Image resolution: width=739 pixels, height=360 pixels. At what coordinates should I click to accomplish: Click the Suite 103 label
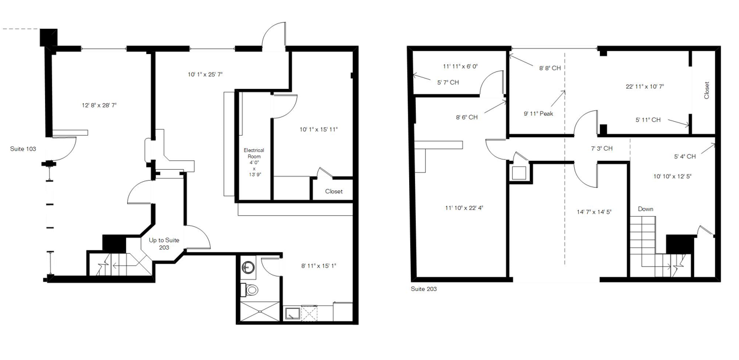[x=23, y=149]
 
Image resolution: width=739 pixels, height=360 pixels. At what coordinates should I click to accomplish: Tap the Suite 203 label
[x=423, y=289]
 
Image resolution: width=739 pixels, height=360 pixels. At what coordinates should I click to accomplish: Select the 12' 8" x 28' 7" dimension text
[x=100, y=105]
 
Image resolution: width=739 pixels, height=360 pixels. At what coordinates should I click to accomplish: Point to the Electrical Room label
[x=254, y=153]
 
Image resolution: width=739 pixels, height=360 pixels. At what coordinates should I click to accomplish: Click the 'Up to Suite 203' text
[x=164, y=244]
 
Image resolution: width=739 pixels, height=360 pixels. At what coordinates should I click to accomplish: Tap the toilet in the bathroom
[x=250, y=290]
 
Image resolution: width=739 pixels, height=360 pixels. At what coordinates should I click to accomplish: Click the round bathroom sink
[x=248, y=266]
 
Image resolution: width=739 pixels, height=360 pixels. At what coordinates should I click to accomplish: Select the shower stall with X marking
[x=260, y=311]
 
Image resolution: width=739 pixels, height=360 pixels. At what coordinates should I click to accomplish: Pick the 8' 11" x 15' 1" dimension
[x=319, y=266]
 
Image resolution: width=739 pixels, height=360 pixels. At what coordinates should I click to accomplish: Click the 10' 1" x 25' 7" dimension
[x=205, y=74]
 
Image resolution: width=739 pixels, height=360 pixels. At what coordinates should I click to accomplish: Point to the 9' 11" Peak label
[x=539, y=113]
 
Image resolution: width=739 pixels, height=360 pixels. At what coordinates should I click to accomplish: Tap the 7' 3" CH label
[x=602, y=148]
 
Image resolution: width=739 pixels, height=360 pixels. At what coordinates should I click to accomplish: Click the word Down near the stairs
[x=645, y=209]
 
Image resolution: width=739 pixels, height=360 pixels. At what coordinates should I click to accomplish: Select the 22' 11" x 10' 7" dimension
[x=645, y=86]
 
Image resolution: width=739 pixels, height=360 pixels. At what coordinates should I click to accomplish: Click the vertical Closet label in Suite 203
[x=707, y=90]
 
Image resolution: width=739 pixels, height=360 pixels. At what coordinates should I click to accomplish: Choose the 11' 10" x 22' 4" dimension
[x=464, y=208]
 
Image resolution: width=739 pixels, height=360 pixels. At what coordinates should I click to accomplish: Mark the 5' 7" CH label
[x=448, y=82]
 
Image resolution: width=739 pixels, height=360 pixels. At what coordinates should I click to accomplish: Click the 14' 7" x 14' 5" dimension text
[x=594, y=212]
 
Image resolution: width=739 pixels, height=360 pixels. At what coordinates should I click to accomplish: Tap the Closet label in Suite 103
[x=334, y=191]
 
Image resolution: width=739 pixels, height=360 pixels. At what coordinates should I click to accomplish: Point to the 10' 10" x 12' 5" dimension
[x=672, y=176]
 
